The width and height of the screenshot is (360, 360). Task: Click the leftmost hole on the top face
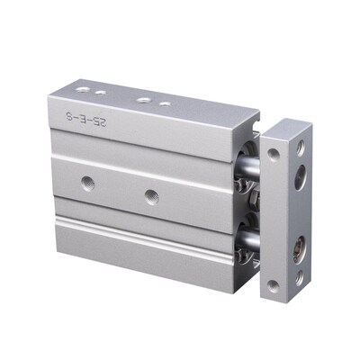[x=82, y=89]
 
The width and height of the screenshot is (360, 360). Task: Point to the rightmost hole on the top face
[x=165, y=103]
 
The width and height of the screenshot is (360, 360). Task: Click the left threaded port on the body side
[x=87, y=183]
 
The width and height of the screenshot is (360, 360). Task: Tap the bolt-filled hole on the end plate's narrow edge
[x=297, y=241]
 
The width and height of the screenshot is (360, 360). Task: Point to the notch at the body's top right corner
[x=255, y=117]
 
